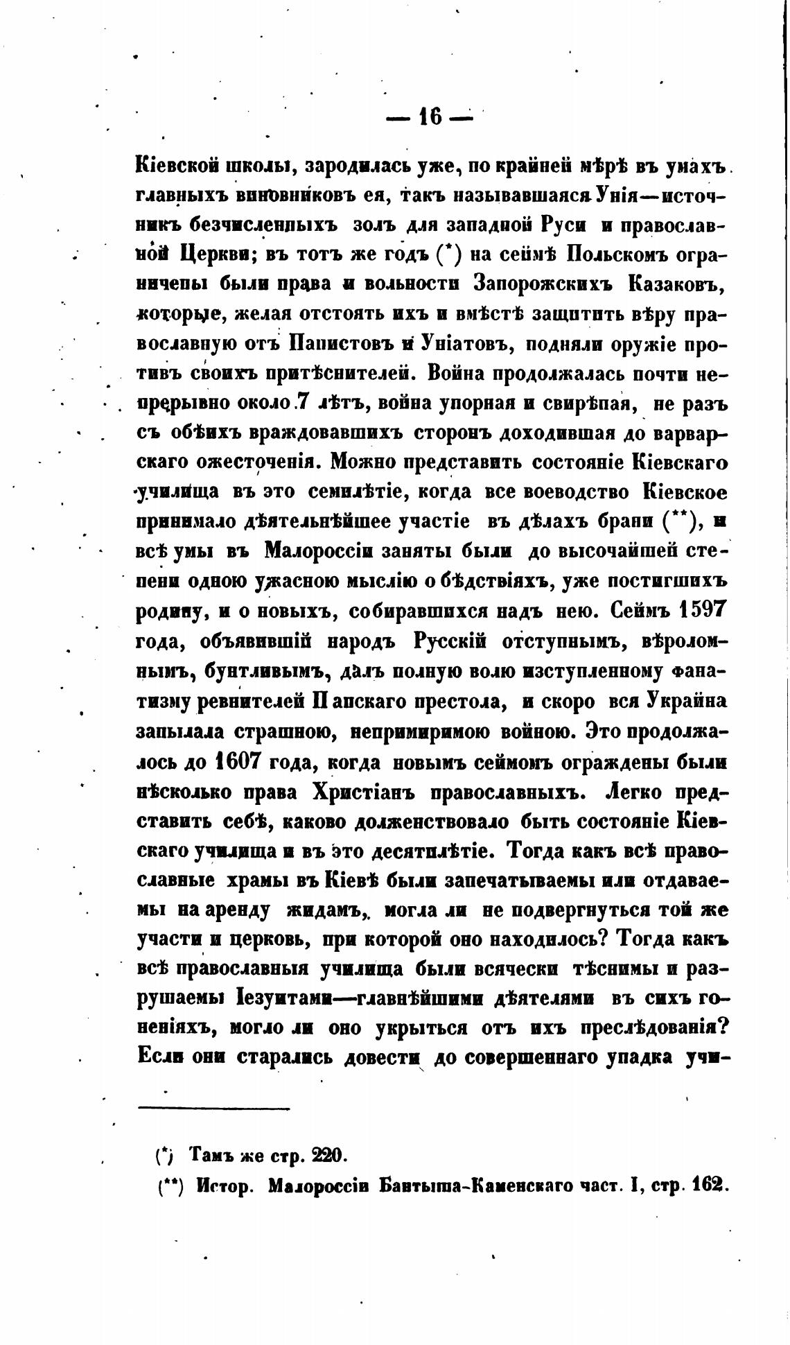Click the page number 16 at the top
430,118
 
